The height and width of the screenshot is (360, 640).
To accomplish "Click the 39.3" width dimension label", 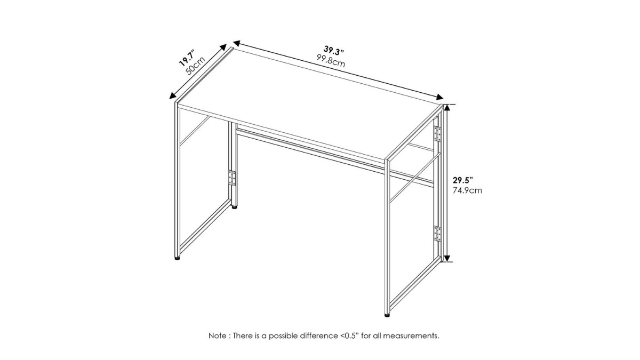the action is point(333,51).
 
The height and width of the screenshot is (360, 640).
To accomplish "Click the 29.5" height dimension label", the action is point(463,180).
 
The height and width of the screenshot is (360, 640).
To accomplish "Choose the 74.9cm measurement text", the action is point(467,190).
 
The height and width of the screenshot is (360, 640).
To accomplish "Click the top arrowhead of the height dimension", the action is point(447,108).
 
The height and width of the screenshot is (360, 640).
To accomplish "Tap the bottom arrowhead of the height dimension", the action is point(447,258).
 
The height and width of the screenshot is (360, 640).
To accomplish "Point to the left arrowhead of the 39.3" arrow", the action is point(237,44).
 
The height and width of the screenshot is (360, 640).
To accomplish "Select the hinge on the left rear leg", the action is point(232,178).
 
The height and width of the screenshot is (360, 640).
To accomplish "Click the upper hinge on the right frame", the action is point(437,134).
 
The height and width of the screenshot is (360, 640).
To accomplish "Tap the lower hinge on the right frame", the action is point(437,234).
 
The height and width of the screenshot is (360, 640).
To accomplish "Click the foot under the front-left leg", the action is point(178,258).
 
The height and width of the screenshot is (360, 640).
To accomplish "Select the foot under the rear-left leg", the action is point(234,207).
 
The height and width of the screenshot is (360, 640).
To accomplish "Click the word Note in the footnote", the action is point(218,335).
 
